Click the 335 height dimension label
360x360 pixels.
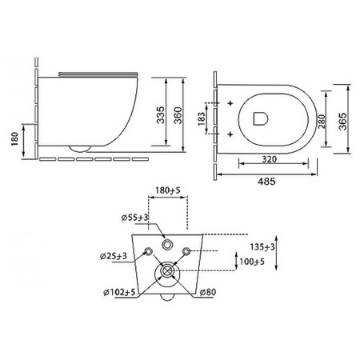coord(161,115)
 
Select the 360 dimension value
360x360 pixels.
coord(178,115)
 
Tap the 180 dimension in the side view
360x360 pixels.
coord(14,139)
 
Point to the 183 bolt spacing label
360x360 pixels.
coord(202,118)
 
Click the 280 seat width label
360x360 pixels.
coord(322,122)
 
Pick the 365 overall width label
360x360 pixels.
coord(342,122)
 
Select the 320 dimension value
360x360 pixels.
coord(270,159)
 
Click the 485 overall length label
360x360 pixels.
coord(266,182)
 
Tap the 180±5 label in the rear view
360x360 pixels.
coord(168,190)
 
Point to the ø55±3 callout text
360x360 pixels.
coord(134,218)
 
